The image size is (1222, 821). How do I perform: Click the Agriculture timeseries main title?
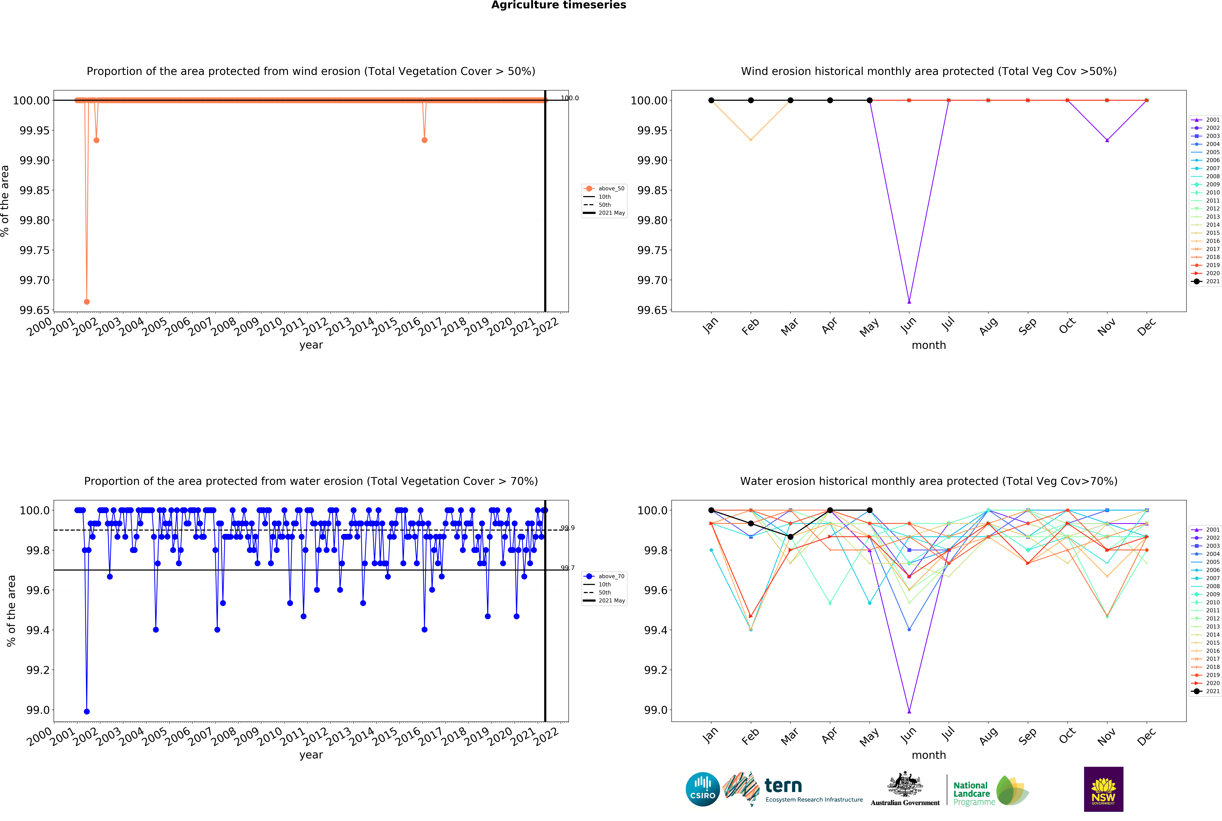(558, 5)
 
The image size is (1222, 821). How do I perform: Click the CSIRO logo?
(702, 789)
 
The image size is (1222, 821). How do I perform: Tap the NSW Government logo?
(1103, 789)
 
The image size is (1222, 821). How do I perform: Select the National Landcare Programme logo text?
(972, 793)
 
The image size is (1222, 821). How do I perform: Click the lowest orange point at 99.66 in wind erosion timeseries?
(87, 302)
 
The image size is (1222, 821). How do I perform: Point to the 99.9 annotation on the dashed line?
(567, 528)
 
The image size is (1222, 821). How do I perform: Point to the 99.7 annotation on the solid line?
(567, 568)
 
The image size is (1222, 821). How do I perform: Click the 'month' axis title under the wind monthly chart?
(929, 345)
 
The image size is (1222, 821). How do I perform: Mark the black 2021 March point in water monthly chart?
(790, 537)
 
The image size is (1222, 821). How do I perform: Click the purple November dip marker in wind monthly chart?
(1107, 140)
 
